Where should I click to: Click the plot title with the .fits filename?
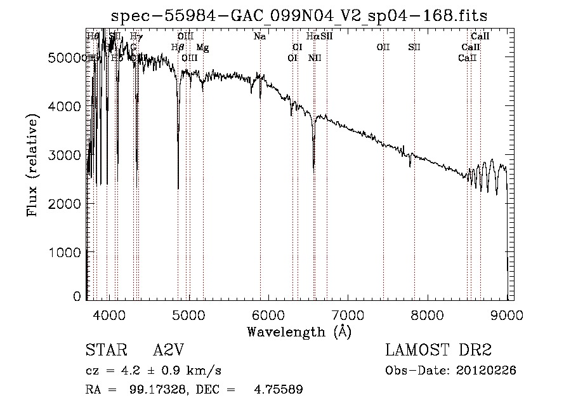299,15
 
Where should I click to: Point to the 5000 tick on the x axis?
188,313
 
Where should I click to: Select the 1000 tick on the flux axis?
67,252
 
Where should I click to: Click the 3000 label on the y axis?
67,155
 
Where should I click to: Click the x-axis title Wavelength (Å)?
299,331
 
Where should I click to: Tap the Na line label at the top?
259,36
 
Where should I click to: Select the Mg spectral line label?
202,48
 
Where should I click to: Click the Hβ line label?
178,48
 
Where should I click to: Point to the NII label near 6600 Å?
315,58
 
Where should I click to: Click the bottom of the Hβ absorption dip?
178,188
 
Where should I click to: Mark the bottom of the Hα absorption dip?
313,169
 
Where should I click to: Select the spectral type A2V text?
168,350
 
